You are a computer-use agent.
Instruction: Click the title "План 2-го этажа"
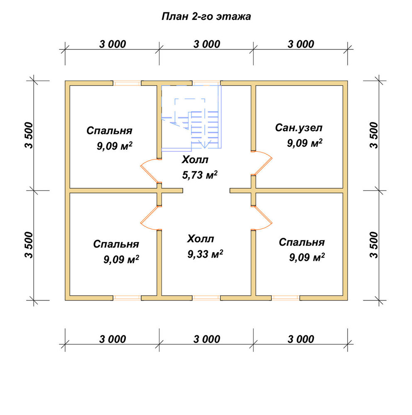[x=206, y=17]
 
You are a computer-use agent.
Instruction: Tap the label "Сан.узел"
[x=299, y=128]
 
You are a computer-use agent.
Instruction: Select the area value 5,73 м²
[x=200, y=175]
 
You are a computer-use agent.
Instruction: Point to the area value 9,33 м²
[x=205, y=254]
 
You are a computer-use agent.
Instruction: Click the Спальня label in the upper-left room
[x=109, y=130]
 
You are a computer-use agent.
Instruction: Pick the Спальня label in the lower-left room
[x=116, y=244]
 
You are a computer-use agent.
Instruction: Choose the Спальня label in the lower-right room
[x=302, y=242]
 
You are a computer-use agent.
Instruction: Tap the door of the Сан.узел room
[x=261, y=163]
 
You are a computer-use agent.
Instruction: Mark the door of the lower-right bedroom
[x=261, y=217]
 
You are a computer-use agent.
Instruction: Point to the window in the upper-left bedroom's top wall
[x=127, y=83]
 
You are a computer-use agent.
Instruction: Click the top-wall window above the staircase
[x=206, y=83]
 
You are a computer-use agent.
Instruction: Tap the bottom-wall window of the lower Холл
[x=206, y=298]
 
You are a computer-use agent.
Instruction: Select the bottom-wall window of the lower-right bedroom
[x=285, y=298]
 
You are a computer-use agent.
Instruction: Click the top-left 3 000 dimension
[x=113, y=44]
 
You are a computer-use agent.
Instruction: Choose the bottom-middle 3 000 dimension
[x=207, y=339]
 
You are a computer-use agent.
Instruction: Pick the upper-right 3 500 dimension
[x=373, y=135]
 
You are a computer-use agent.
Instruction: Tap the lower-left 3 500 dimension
[x=29, y=245]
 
